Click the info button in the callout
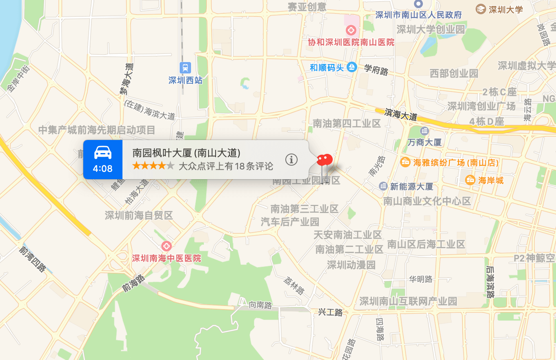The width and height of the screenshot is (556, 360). click(x=291, y=160)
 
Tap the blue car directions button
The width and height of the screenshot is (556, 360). click(x=103, y=159)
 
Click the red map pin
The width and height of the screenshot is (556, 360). click(x=325, y=160)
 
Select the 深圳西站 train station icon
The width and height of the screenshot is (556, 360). click(x=185, y=68)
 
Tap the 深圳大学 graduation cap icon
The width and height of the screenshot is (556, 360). click(x=480, y=9)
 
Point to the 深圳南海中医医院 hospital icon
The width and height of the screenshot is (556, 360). click(x=166, y=246)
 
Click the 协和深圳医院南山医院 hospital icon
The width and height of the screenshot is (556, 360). click(x=351, y=30)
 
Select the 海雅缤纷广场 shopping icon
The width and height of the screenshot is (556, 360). click(x=405, y=162)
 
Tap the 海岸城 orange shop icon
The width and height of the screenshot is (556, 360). click(x=470, y=180)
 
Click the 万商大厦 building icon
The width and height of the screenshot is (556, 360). click(x=424, y=131)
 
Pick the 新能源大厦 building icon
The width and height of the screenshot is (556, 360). click(x=383, y=186)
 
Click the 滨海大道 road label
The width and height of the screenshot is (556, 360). click(x=401, y=114)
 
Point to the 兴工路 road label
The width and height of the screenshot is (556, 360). click(x=330, y=312)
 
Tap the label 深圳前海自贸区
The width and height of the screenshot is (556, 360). click(x=139, y=215)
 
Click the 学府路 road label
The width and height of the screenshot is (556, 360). click(x=376, y=69)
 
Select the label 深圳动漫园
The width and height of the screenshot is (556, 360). click(x=351, y=264)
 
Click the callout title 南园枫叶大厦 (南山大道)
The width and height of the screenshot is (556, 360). click(x=187, y=153)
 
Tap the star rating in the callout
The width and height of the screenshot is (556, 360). click(x=153, y=166)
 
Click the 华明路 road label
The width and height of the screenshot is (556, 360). click(x=421, y=280)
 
